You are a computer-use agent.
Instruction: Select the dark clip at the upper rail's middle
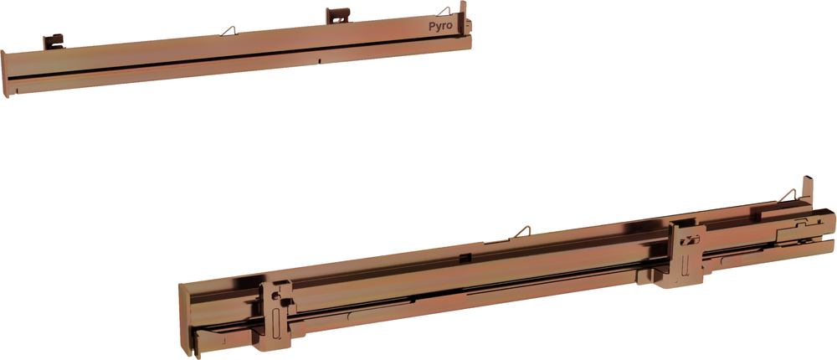tap(336, 15)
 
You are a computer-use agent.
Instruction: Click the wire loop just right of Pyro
tap(445, 11)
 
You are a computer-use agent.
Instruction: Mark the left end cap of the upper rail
tap(6, 74)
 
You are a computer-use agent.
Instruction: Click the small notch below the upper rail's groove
tap(321, 60)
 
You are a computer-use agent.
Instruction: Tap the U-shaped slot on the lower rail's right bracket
tap(691, 241)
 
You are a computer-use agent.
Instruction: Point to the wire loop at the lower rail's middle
tap(521, 232)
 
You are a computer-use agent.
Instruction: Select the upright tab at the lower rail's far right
tap(808, 189)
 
